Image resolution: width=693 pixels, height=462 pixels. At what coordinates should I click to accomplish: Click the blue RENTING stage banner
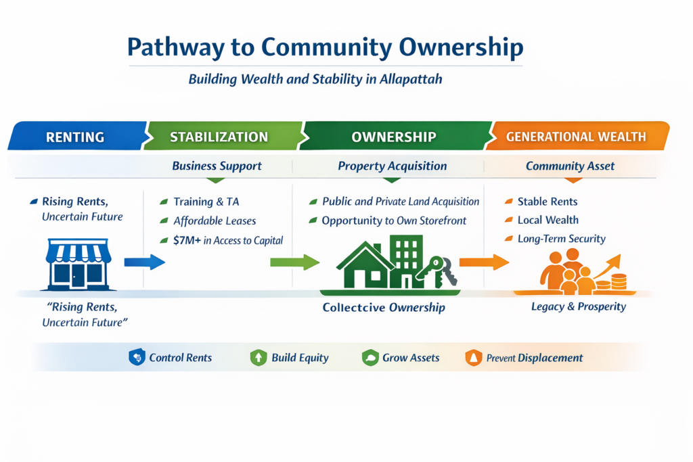tap(75, 137)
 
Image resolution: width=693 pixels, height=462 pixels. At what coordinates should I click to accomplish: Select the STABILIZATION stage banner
tap(219, 137)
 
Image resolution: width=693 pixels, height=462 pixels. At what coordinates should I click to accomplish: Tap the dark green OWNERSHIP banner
tap(393, 137)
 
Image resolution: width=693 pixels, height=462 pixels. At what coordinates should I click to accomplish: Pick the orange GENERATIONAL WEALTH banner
tap(576, 137)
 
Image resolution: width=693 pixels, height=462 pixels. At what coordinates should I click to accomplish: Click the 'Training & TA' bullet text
tap(206, 202)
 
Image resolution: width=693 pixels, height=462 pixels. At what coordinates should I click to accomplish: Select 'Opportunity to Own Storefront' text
tap(395, 221)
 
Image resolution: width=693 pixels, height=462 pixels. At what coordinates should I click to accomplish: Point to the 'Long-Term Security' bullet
tap(561, 239)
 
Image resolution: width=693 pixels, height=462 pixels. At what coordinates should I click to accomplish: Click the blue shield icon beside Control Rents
tap(137, 357)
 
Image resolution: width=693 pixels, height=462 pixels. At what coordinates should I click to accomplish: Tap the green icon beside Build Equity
tap(259, 357)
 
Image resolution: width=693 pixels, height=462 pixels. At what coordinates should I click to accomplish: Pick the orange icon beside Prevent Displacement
tap(474, 357)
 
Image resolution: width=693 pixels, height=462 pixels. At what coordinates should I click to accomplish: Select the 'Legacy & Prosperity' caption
tap(579, 307)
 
